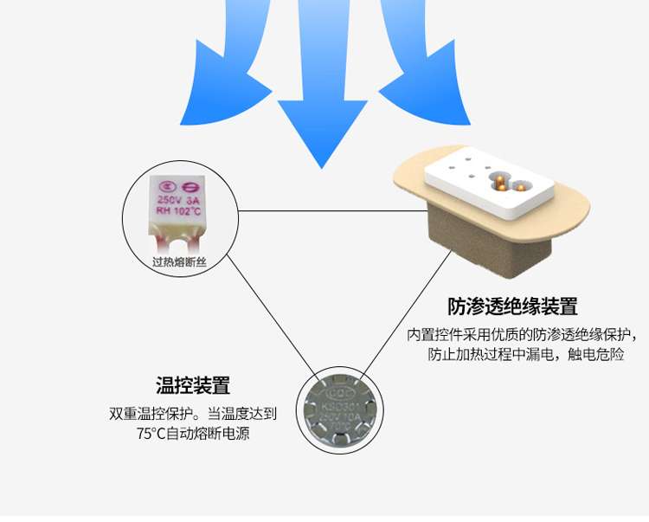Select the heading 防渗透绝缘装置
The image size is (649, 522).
(x=512, y=306)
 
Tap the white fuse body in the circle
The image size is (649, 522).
(x=179, y=208)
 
